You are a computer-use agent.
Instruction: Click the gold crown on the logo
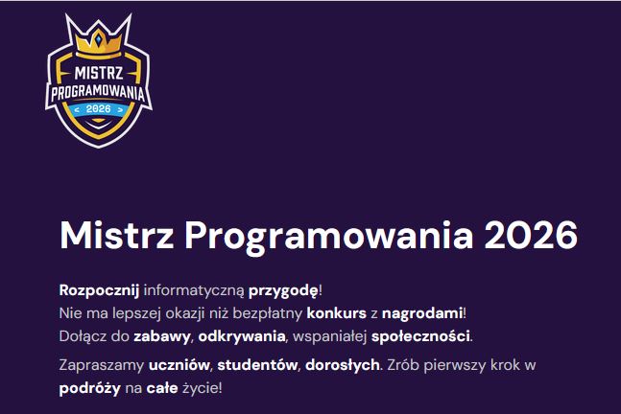coord(98,35)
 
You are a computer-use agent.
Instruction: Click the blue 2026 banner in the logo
coord(99,108)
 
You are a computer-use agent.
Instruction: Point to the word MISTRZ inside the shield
coord(99,71)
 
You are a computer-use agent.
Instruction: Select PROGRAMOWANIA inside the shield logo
coord(100,91)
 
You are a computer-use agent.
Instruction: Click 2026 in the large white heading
coord(532,235)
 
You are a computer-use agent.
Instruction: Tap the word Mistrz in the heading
coord(115,235)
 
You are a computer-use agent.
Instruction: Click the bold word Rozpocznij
coord(100,288)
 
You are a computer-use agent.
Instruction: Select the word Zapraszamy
coord(103,365)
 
